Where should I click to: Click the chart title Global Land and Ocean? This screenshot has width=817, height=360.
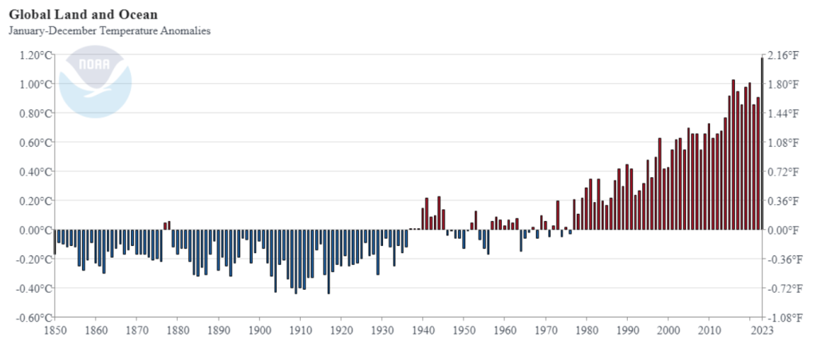(x=83, y=14)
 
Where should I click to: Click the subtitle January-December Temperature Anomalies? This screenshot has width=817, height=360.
(x=109, y=31)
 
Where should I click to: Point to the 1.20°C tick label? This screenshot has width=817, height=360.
(x=35, y=55)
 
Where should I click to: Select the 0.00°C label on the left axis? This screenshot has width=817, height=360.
(x=35, y=230)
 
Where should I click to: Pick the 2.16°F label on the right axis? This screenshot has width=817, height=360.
(x=783, y=55)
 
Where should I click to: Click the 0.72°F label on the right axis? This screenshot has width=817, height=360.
(x=783, y=172)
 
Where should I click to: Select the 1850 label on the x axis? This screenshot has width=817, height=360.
(x=54, y=330)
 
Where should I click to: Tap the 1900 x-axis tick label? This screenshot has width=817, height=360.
(x=259, y=330)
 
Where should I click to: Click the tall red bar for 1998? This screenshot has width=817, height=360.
(x=660, y=184)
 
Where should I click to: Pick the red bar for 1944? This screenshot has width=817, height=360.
(x=439, y=213)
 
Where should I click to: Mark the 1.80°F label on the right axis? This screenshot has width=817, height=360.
(x=783, y=85)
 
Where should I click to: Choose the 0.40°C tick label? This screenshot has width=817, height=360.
(x=35, y=172)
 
